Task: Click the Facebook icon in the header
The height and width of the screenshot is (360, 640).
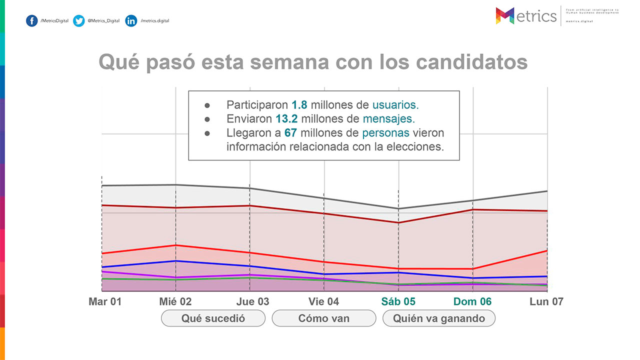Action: pyautogui.click(x=32, y=21)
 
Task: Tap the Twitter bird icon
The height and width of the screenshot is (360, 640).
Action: pyautogui.click(x=79, y=21)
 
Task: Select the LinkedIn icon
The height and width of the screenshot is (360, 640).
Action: pyautogui.click(x=131, y=21)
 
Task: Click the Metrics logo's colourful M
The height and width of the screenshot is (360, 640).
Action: pyautogui.click(x=505, y=16)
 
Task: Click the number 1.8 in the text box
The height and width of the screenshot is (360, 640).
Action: pyautogui.click(x=299, y=105)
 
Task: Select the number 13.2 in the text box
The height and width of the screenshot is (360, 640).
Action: pyautogui.click(x=286, y=119)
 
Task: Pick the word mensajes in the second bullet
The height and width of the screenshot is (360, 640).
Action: pyautogui.click(x=388, y=119)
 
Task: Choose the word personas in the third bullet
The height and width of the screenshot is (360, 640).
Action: pyautogui.click(x=385, y=133)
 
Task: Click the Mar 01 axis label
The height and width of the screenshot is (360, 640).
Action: pyautogui.click(x=105, y=301)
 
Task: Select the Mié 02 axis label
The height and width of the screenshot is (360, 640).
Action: pyautogui.click(x=175, y=301)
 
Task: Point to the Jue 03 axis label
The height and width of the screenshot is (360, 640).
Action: pyautogui.click(x=252, y=301)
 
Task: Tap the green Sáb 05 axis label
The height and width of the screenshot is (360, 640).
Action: pyautogui.click(x=398, y=301)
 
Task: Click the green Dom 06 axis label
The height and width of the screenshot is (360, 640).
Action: pyautogui.click(x=472, y=301)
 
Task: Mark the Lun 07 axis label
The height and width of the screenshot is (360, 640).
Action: pyautogui.click(x=546, y=301)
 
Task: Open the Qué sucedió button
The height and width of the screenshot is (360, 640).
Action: pyautogui.click(x=213, y=318)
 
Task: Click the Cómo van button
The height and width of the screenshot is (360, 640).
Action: pyautogui.click(x=323, y=318)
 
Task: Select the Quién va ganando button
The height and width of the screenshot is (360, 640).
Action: pyautogui.click(x=439, y=318)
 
